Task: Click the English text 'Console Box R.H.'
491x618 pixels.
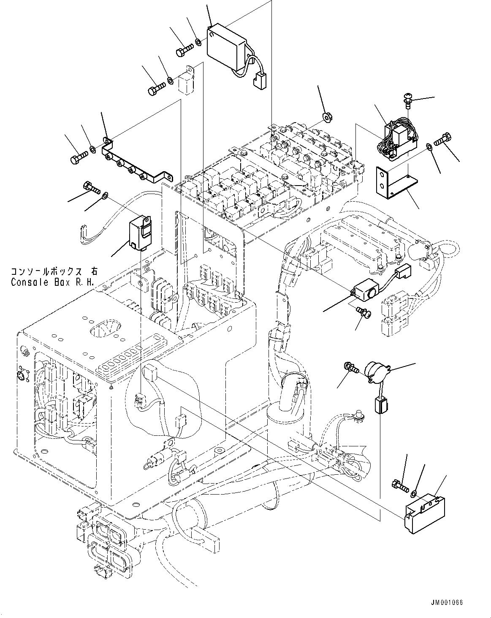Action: tap(53, 282)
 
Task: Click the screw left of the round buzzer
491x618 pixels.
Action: tap(350, 367)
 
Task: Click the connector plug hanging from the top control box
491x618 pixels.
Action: tap(258, 81)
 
